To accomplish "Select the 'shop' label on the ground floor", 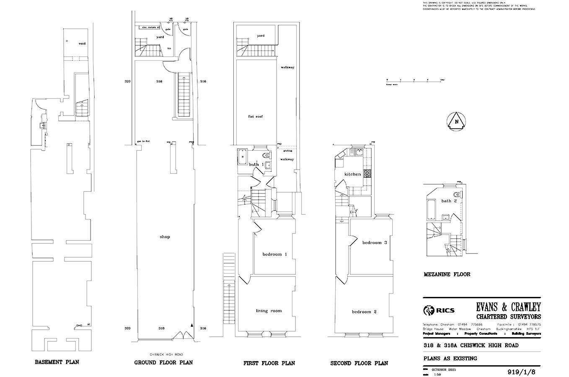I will [x=165, y=237].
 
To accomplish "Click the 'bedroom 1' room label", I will [x=275, y=254].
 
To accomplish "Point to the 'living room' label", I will [x=269, y=311].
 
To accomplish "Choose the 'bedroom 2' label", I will [x=364, y=312].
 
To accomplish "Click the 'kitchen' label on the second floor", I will [x=352, y=174].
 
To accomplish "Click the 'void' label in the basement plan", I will [x=82, y=44].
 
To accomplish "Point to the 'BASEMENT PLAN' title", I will [x=57, y=362].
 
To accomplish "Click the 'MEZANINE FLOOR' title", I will [x=447, y=274].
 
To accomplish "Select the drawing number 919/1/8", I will [x=521, y=372].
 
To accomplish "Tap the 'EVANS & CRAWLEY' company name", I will [x=508, y=307].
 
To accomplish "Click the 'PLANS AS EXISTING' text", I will [x=450, y=359].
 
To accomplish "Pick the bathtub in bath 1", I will [x=243, y=159].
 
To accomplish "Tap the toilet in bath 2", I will [x=457, y=195].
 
